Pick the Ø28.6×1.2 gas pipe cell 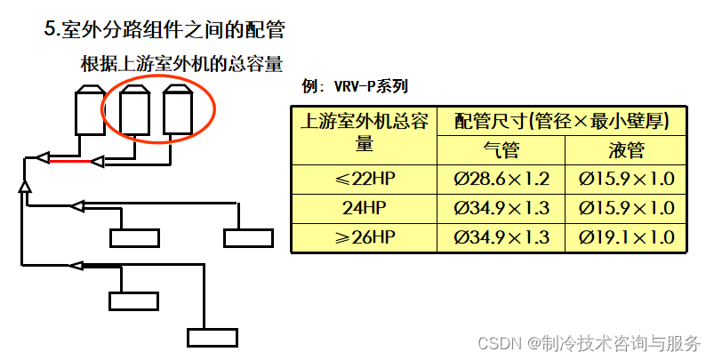click(501, 179)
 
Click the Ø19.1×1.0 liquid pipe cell click(627, 237)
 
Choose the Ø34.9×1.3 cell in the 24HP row click(501, 208)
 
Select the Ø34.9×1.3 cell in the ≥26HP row click(501, 237)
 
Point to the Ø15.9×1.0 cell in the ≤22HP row click(627, 179)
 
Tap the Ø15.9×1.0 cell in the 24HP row click(627, 208)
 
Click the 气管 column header click(501, 150)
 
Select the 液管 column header click(627, 150)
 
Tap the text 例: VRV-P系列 click(355, 86)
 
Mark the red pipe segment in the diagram click(68, 162)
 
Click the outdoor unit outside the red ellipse click(89, 110)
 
